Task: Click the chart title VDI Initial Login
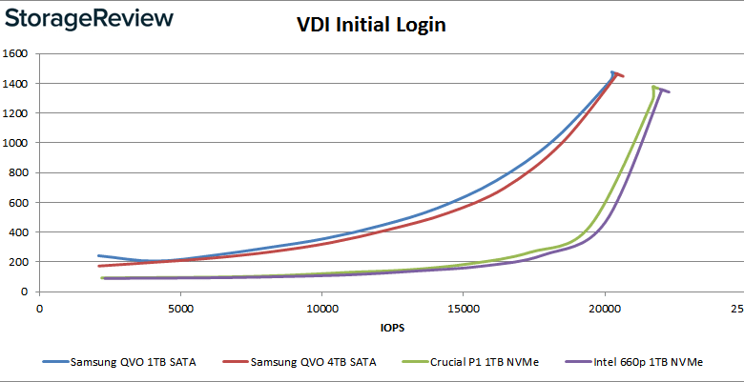tap(371, 26)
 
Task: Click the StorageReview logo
tap(91, 19)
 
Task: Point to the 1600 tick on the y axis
tap(19, 53)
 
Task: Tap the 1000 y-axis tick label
tap(19, 143)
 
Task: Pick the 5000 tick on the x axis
tap(180, 309)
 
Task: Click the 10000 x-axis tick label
tap(321, 309)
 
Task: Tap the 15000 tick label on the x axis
tap(463, 309)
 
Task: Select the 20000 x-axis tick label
tap(604, 309)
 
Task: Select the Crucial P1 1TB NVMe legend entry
tap(469, 363)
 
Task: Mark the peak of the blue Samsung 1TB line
tap(613, 71)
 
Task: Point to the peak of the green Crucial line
tap(653, 87)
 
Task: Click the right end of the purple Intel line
tap(669, 92)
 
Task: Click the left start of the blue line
tap(99, 255)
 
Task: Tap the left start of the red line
tap(99, 266)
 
